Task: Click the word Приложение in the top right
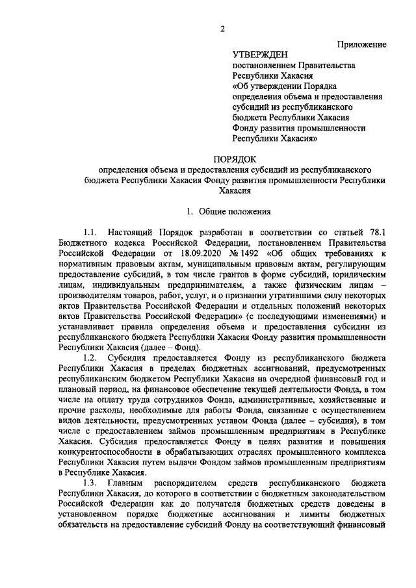tap(361, 44)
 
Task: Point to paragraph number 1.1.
tap(91, 232)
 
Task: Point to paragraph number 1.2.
tap(91, 358)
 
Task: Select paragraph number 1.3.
tap(91, 484)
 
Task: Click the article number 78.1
tap(376, 232)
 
